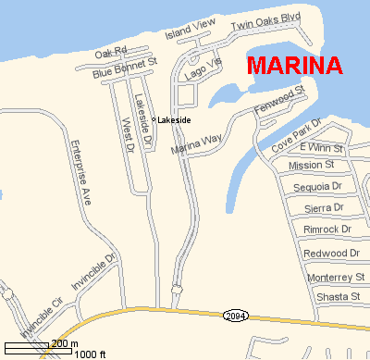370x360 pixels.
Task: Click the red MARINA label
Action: (295, 67)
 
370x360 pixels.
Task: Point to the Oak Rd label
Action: (109, 52)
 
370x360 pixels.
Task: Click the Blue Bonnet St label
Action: (126, 67)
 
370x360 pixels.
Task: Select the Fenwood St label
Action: (278, 101)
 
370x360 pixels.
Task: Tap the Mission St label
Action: (312, 166)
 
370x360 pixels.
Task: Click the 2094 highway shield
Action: (235, 316)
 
